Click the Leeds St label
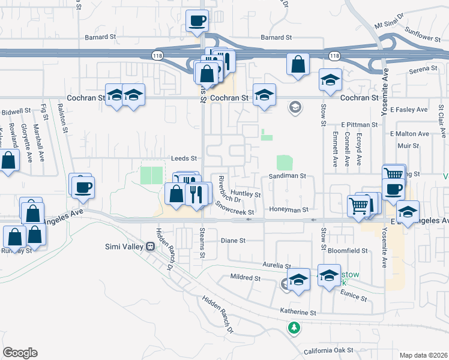[185, 158]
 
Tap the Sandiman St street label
[288, 176]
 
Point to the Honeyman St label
[289, 210]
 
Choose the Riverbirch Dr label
[229, 188]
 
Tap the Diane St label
[234, 241]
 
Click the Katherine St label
[298, 313]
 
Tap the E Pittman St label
[359, 124]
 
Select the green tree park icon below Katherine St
[294, 328]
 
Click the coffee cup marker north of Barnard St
[197, 22]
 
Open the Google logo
[20, 353]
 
